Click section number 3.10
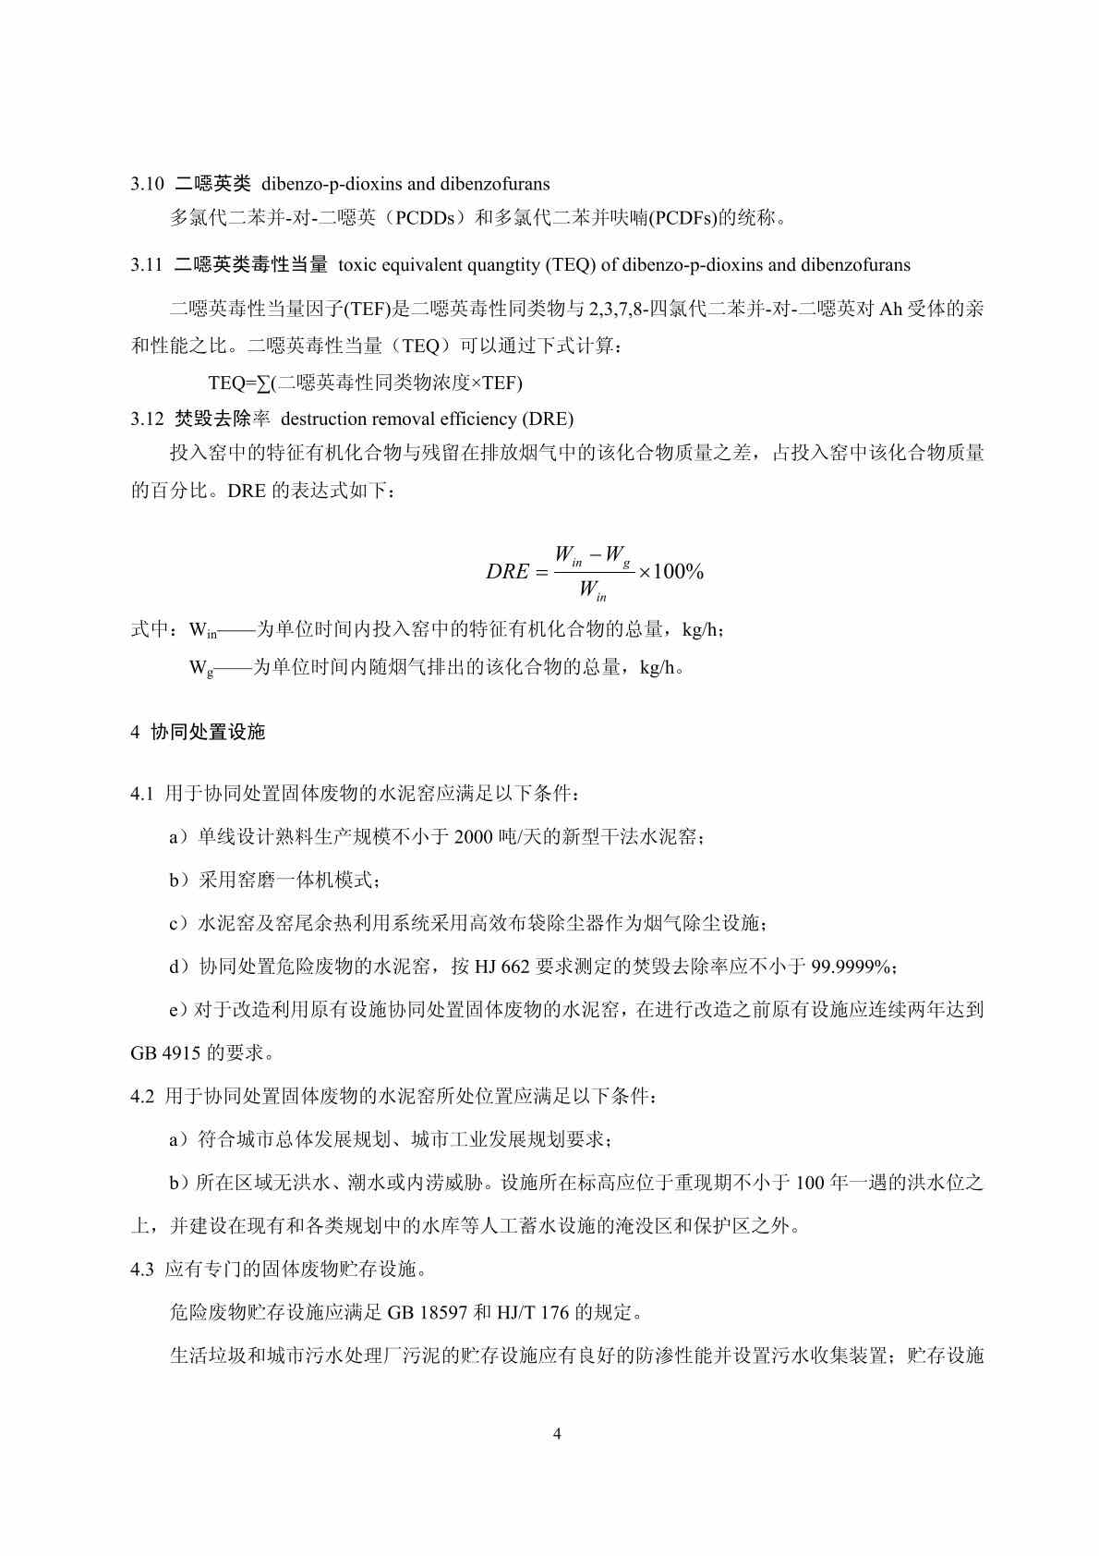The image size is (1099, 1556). point(147,184)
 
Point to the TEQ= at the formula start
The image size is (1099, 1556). point(232,383)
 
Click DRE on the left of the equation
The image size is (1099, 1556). point(507,572)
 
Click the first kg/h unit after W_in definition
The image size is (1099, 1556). point(702,630)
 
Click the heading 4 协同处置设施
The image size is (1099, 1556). point(199,732)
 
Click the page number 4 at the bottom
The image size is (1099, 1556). point(556,1434)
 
